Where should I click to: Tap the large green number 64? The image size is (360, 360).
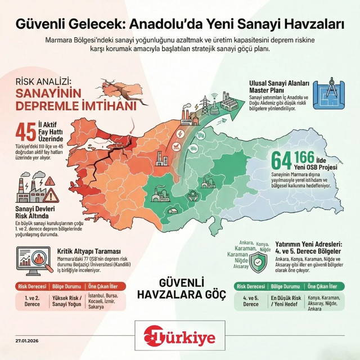point(283,161)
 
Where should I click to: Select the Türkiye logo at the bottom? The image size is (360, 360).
point(179,336)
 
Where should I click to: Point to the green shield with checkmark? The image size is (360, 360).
point(258,262)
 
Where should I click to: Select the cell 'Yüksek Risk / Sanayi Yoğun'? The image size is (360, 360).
point(71,300)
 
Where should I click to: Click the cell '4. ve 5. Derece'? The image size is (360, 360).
point(250,300)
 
